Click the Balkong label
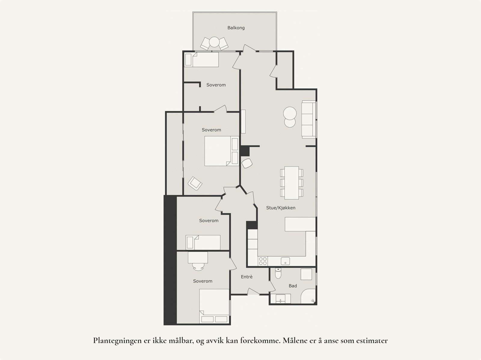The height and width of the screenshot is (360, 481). pos(236,28)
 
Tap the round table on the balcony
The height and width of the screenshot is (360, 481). pos(214,42)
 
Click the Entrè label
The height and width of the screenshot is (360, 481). pos(247,277)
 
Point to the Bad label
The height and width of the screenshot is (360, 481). pos(293,286)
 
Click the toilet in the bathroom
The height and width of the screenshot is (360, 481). pos(278,273)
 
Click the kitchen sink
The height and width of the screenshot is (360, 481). pos(285,261)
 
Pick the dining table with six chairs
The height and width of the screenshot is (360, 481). pos(292,183)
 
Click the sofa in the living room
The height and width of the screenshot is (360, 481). pos(308,119)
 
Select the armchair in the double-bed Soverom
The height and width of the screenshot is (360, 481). pos(195,183)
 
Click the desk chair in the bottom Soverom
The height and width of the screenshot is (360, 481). pos(198,267)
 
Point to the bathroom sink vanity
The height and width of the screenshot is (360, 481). pos(281,299)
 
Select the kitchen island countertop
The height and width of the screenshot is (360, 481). pos(300,224)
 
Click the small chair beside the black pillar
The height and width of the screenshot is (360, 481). pos(247,163)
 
